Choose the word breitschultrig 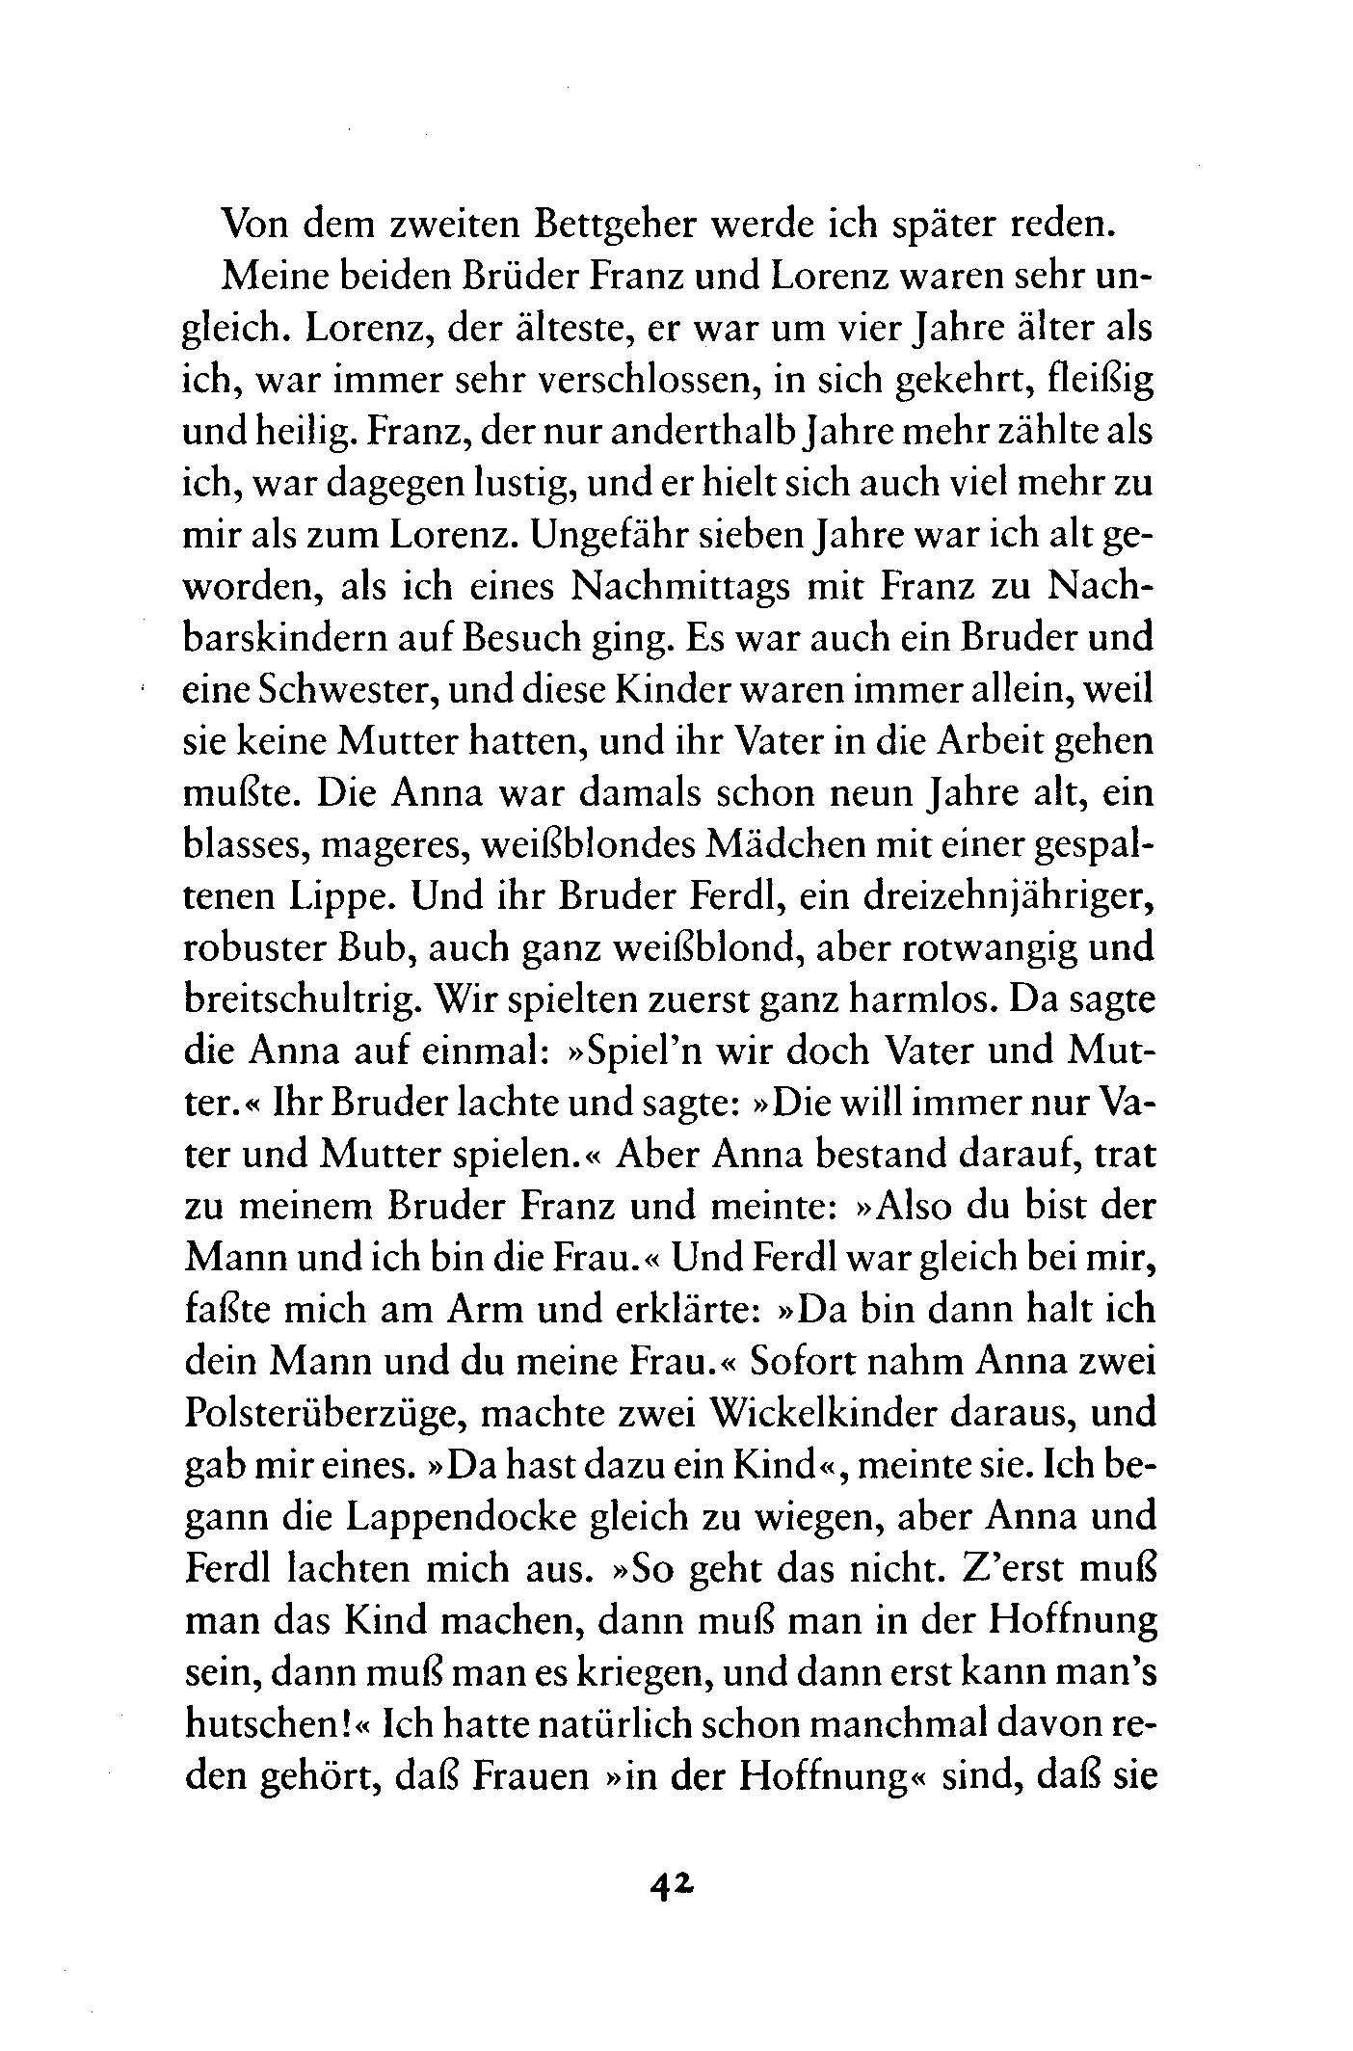pos(301,1001)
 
